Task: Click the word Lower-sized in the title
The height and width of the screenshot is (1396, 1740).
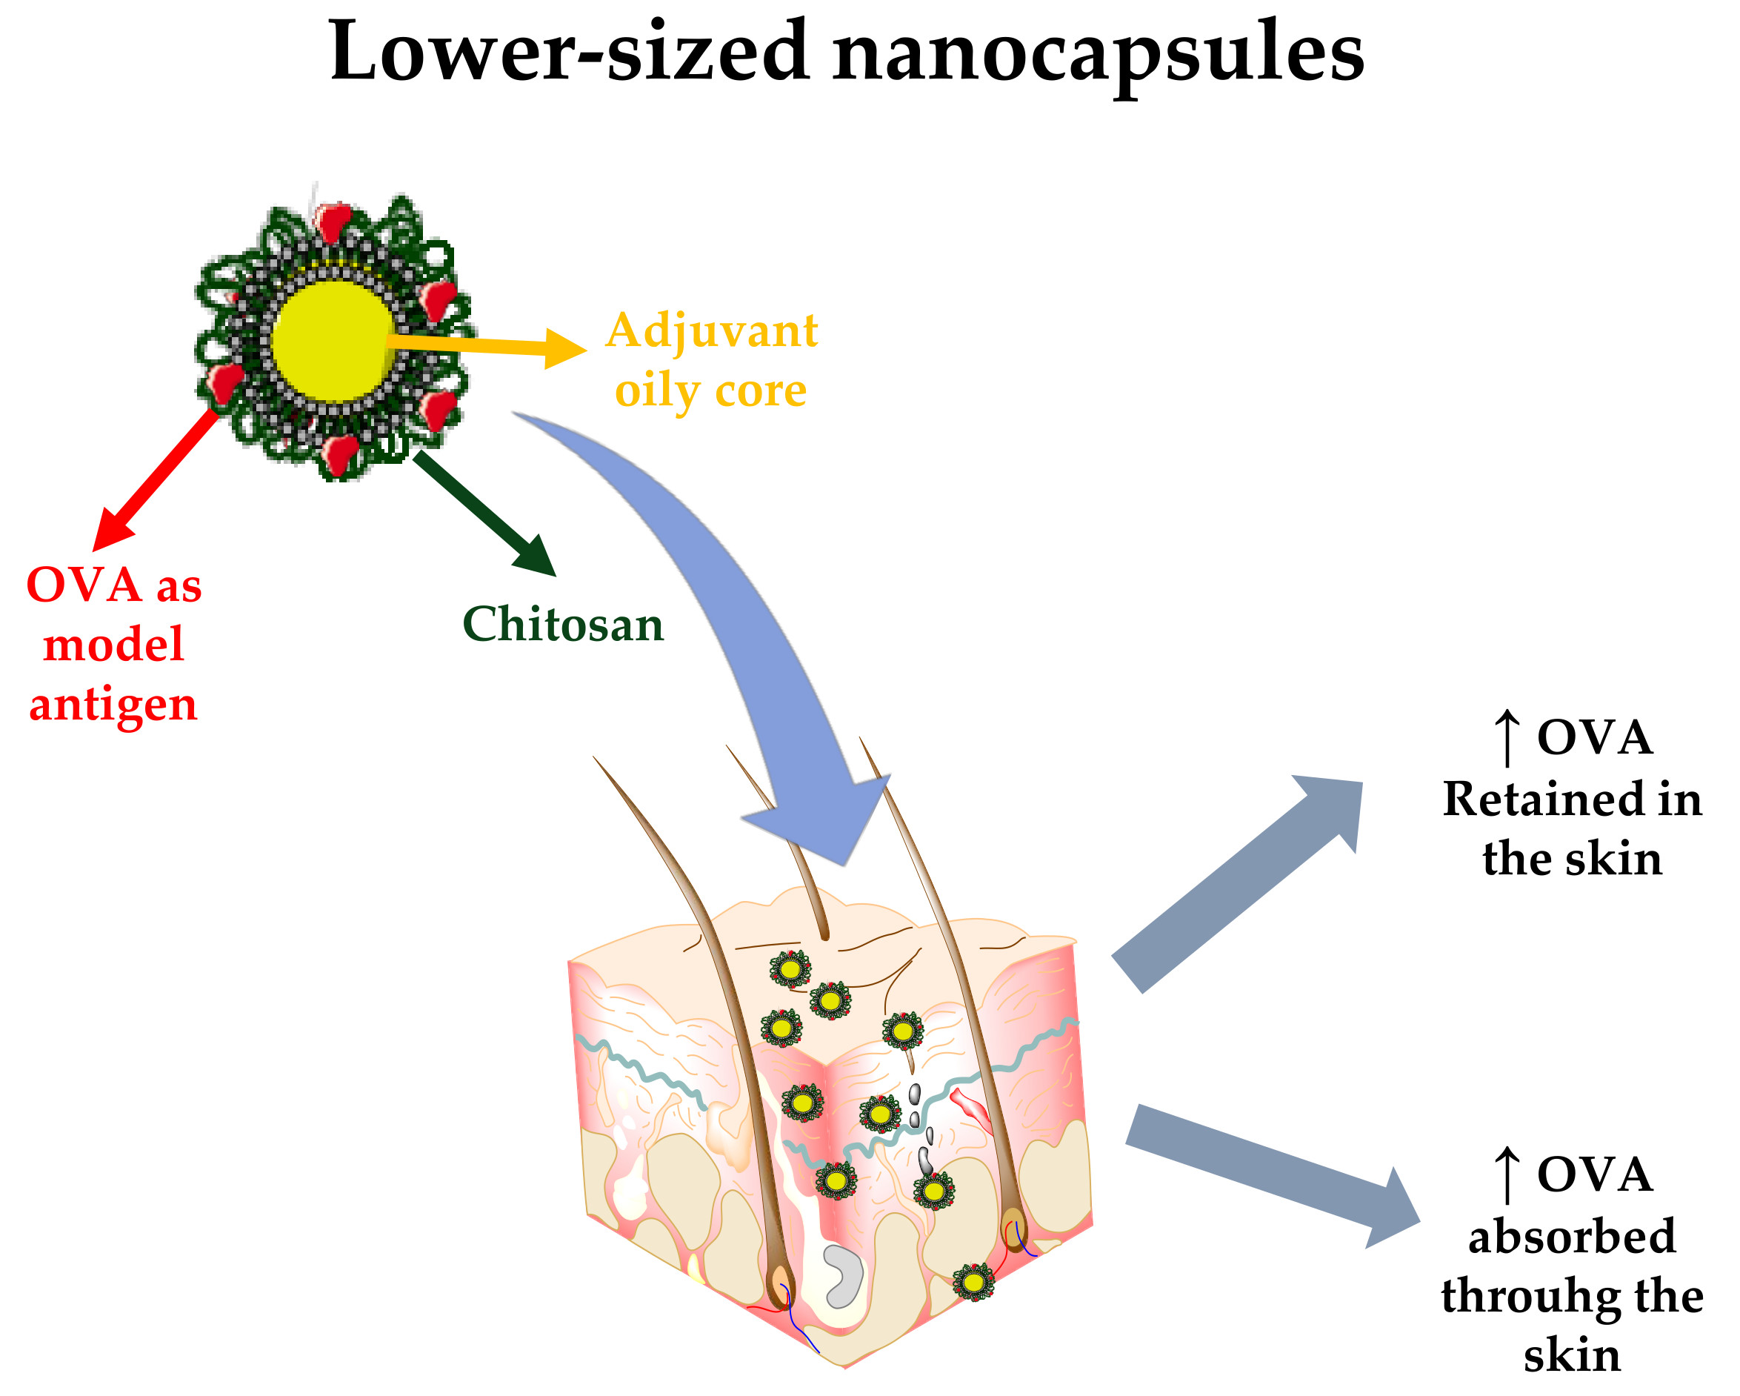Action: click(569, 53)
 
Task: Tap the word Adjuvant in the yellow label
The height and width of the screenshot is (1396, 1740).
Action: click(711, 331)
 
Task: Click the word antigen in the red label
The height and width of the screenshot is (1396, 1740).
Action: click(113, 704)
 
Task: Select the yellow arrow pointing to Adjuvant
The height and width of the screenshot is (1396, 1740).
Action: click(484, 345)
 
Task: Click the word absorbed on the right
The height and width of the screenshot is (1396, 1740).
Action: click(1571, 1236)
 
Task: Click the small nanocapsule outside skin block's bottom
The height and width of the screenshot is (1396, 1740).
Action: click(973, 1282)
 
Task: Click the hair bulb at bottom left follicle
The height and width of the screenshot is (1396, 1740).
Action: click(781, 1284)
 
